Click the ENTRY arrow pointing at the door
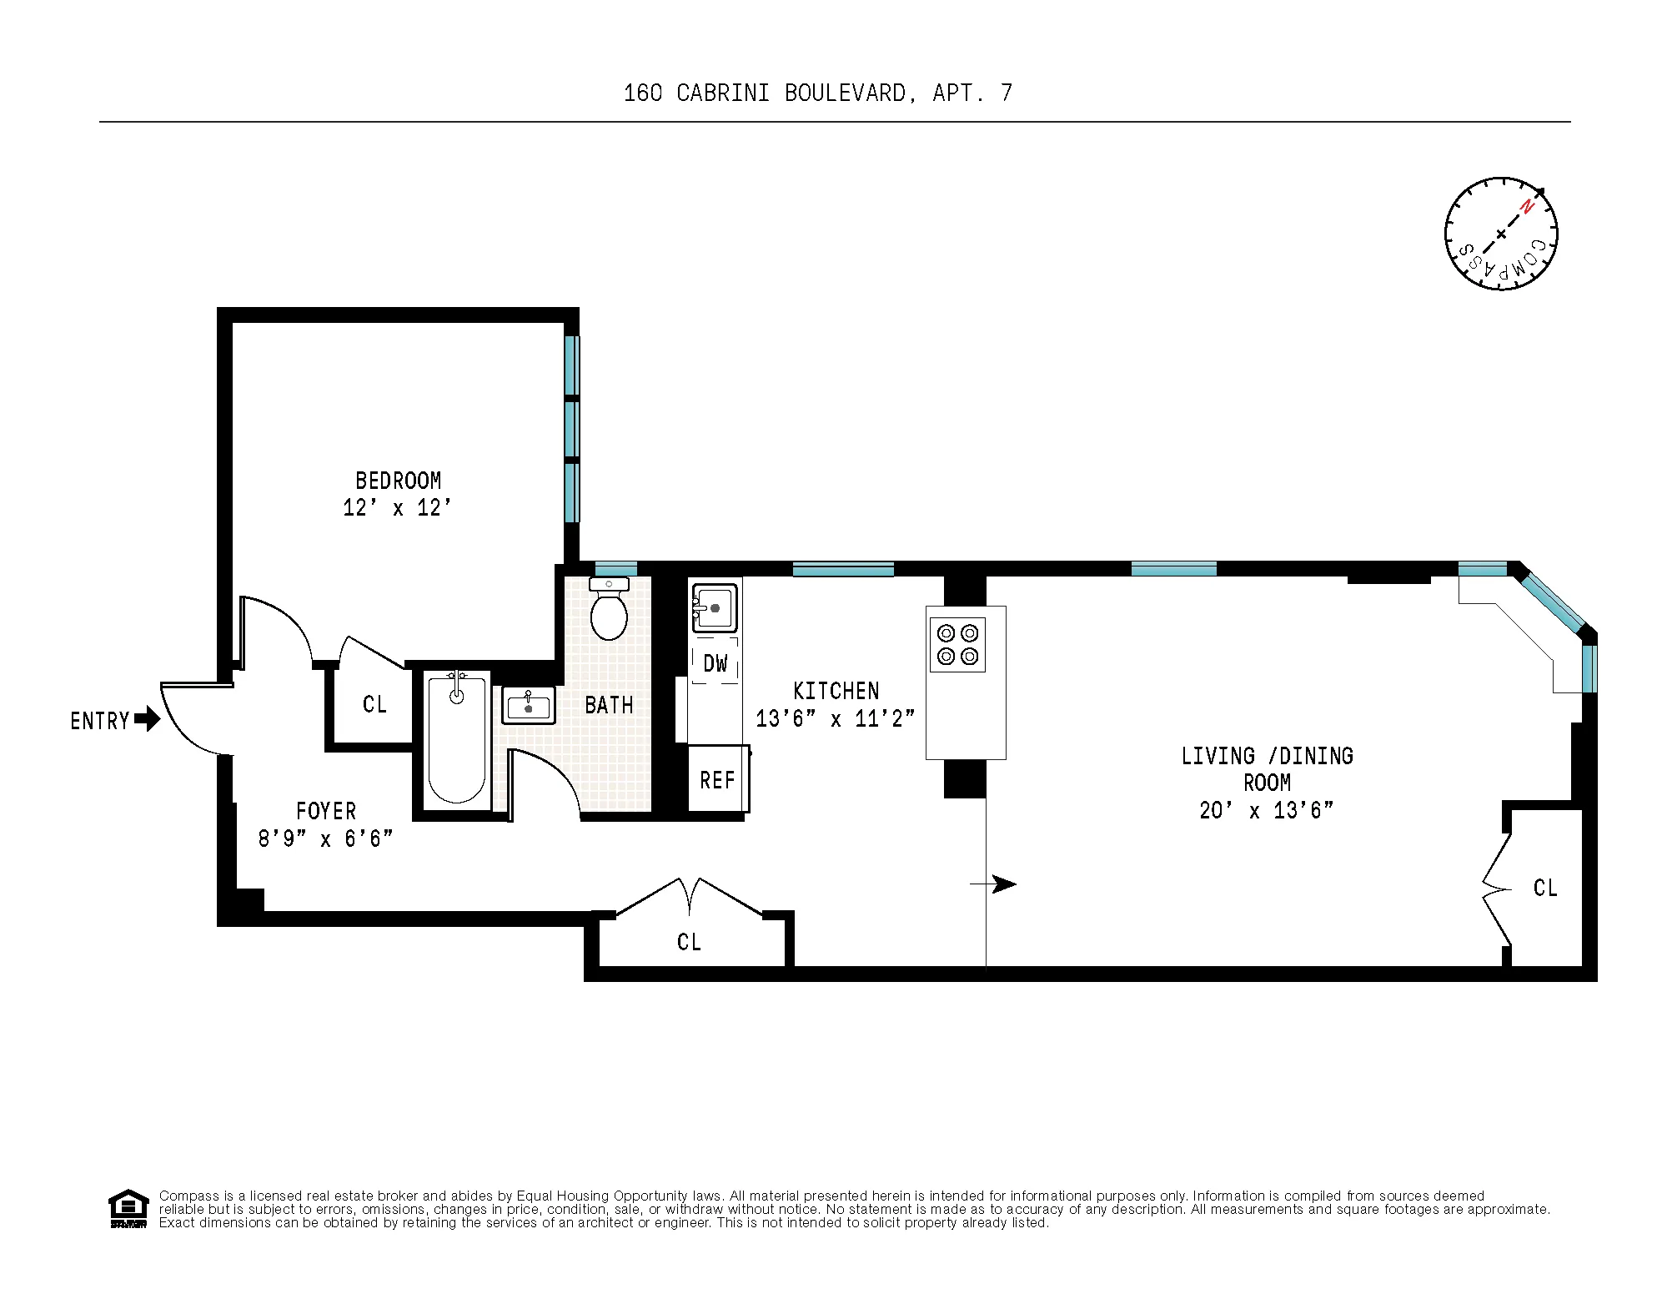[x=147, y=718]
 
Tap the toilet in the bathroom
[x=609, y=611]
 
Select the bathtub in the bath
[x=456, y=739]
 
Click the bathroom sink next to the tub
[x=528, y=706]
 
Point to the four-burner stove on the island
[x=957, y=644]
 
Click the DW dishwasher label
[x=715, y=664]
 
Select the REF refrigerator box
[x=717, y=780]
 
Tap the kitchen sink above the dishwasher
[x=715, y=607]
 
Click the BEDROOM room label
[x=398, y=481]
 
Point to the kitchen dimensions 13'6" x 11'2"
[x=835, y=718]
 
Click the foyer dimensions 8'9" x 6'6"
[x=325, y=838]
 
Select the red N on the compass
[x=1527, y=206]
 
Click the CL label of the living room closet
[x=1544, y=888]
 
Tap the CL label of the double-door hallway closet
[x=689, y=942]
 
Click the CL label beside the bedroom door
[x=374, y=704]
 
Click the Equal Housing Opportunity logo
[x=128, y=1208]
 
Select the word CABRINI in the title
[x=722, y=93]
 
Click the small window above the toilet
[x=615, y=569]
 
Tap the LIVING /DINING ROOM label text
[x=1266, y=768]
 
